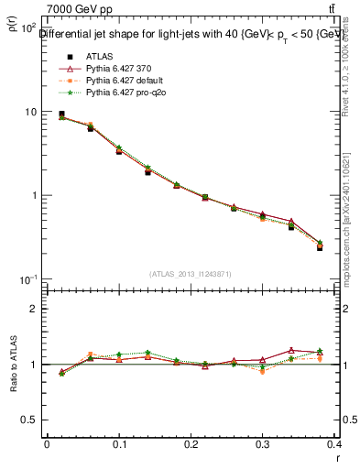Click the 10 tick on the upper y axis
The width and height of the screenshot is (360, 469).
click(29, 112)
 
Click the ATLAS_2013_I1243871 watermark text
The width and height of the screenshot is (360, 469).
click(191, 274)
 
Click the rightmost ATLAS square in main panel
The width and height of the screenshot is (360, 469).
click(320, 247)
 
